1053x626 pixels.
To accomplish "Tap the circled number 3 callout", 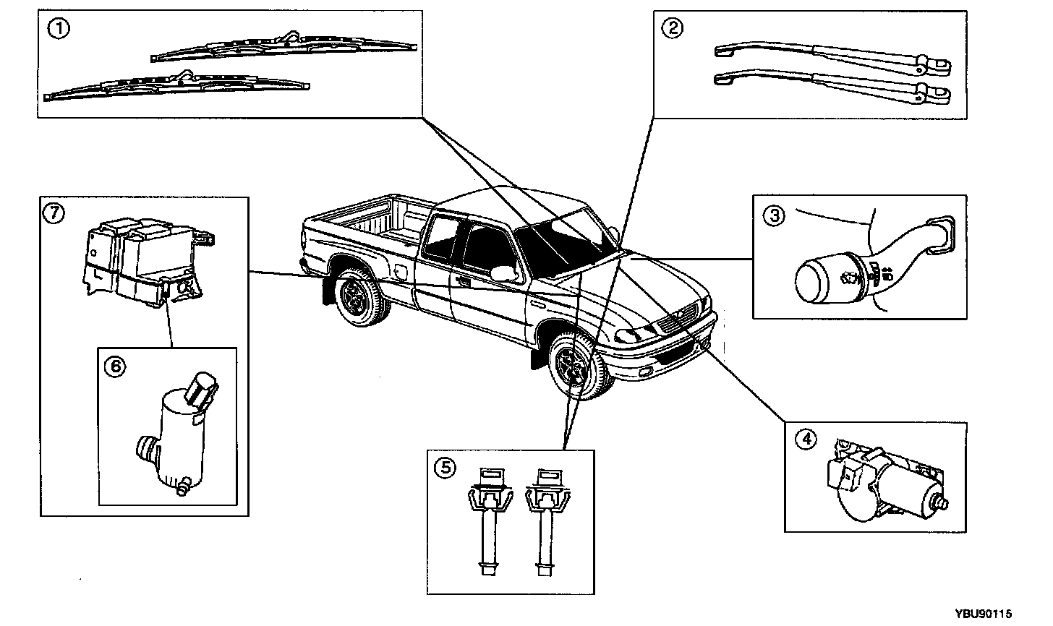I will tap(773, 215).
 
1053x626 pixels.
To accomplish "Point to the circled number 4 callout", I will tap(805, 439).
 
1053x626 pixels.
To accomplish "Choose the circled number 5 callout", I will tap(445, 468).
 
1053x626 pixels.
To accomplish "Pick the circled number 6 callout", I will tap(116, 366).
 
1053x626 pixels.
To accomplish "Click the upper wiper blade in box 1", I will tap(285, 47).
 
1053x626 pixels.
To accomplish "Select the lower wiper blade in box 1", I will tap(177, 85).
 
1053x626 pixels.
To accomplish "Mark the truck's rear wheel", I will tap(359, 298).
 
